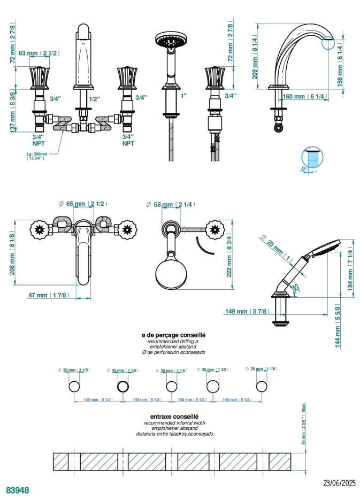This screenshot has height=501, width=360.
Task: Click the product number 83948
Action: pos(18,490)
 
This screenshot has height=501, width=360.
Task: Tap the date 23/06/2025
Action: pos(339,483)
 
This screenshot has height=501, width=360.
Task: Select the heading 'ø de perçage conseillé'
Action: pos(173,335)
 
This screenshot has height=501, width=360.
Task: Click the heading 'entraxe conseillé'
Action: pos(174,415)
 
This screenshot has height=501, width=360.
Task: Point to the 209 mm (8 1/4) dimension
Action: pos(255,57)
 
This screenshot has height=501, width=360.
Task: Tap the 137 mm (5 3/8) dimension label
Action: pos(12,111)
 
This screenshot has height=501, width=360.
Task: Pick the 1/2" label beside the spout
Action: pos(94,98)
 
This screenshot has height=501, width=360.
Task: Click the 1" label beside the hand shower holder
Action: pos(183,96)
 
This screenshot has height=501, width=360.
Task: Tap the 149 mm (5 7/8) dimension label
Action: pos(248,312)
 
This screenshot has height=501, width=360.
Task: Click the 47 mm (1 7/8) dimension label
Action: pos(48,295)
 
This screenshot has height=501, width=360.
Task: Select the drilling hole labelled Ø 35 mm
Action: pos(212,387)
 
